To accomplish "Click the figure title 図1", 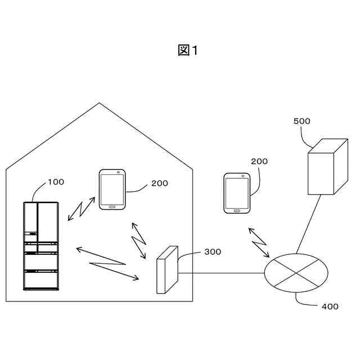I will [188, 51].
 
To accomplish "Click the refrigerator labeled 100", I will [40, 246].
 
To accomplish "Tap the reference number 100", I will [56, 182].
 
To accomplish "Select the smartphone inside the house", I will [112, 190].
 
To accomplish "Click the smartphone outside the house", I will [236, 193].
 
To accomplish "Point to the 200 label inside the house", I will [159, 183].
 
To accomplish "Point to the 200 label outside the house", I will [259, 161].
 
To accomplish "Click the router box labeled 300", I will [166, 269].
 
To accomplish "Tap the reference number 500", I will [302, 121].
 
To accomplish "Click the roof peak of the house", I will [100, 104].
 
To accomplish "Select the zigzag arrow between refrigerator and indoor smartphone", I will [82, 209].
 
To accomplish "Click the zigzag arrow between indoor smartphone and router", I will [138, 241].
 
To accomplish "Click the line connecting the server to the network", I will [309, 224].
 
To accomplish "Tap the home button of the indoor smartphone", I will [111, 206].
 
